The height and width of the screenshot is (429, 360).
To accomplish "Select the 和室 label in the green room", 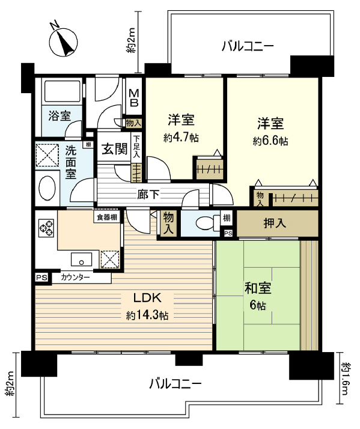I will pyautogui.click(x=257, y=288).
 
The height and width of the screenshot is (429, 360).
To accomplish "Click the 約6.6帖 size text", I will pyautogui.click(x=270, y=141).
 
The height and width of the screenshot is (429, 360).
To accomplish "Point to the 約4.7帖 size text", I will pyautogui.click(x=181, y=137).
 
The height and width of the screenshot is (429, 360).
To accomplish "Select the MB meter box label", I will pyautogui.click(x=133, y=97).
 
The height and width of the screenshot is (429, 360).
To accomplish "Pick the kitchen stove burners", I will pyautogui.click(x=46, y=228).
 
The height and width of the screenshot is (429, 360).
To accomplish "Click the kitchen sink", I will pyautogui.click(x=81, y=259).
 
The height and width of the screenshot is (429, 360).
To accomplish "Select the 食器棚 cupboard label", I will pyautogui.click(x=105, y=216).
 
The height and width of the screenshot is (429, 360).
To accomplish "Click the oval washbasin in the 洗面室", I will pyautogui.click(x=47, y=187).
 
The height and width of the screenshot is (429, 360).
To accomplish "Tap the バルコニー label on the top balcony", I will pyautogui.click(x=247, y=46).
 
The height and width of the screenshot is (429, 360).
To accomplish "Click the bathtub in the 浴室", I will pyautogui.click(x=61, y=92).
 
